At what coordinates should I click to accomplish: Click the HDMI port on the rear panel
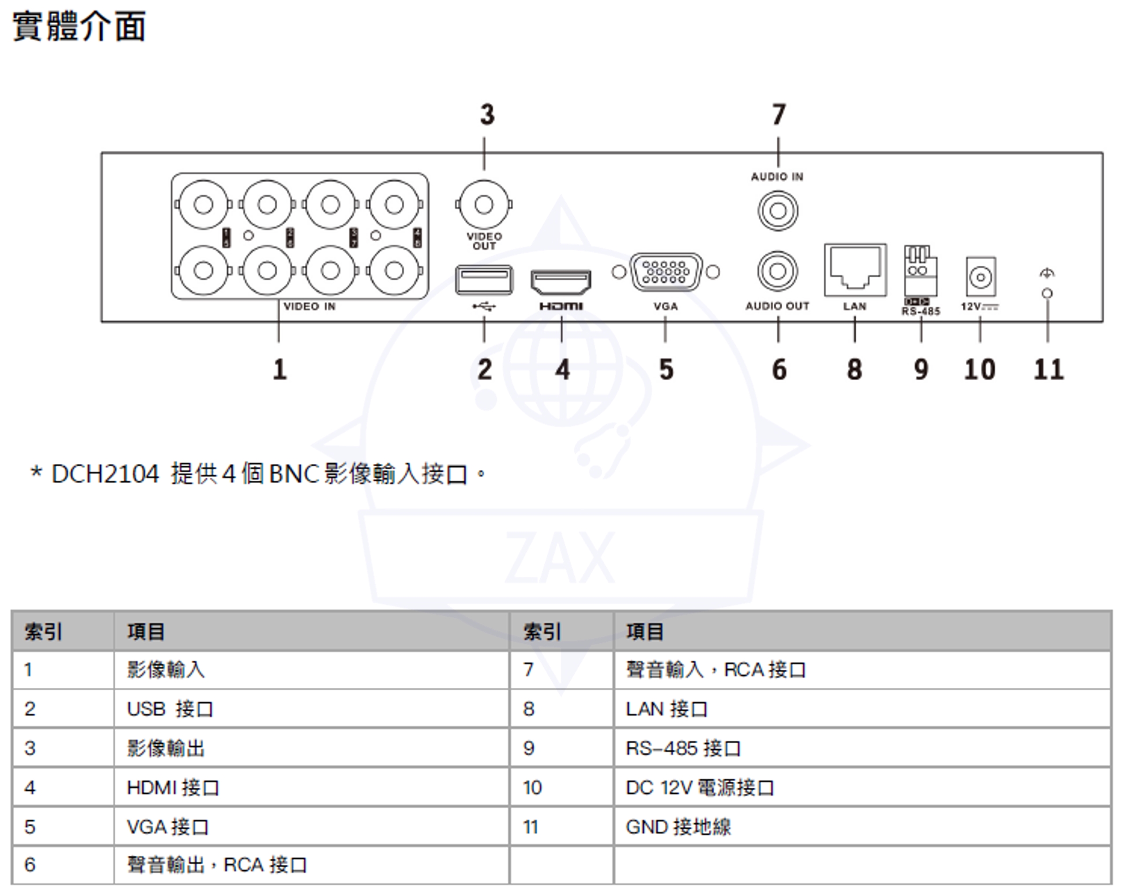pos(561,282)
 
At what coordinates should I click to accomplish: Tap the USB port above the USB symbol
pos(484,279)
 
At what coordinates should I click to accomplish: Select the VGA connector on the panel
pos(666,271)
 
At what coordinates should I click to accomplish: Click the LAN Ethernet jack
pos(855,270)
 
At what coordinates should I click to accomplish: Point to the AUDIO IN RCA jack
pos(777,211)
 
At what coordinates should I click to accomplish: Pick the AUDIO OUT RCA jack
pos(777,271)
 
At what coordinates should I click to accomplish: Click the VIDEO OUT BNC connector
pos(484,205)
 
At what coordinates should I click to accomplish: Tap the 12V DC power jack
pos(980,277)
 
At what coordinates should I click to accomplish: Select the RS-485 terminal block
pos(920,271)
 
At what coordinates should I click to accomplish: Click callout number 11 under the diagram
pos(1049,370)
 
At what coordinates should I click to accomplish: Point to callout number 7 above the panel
pos(778,114)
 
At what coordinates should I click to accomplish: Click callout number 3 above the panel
pos(487,114)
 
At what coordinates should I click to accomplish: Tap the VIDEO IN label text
pos(310,307)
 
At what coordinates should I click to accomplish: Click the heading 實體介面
pos(79,27)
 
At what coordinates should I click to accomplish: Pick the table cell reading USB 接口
pos(170,709)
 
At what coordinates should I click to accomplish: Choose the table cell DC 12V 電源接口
pos(700,788)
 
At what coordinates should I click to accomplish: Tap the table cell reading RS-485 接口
pos(683,748)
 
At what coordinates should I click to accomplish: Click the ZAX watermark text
pos(560,558)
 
